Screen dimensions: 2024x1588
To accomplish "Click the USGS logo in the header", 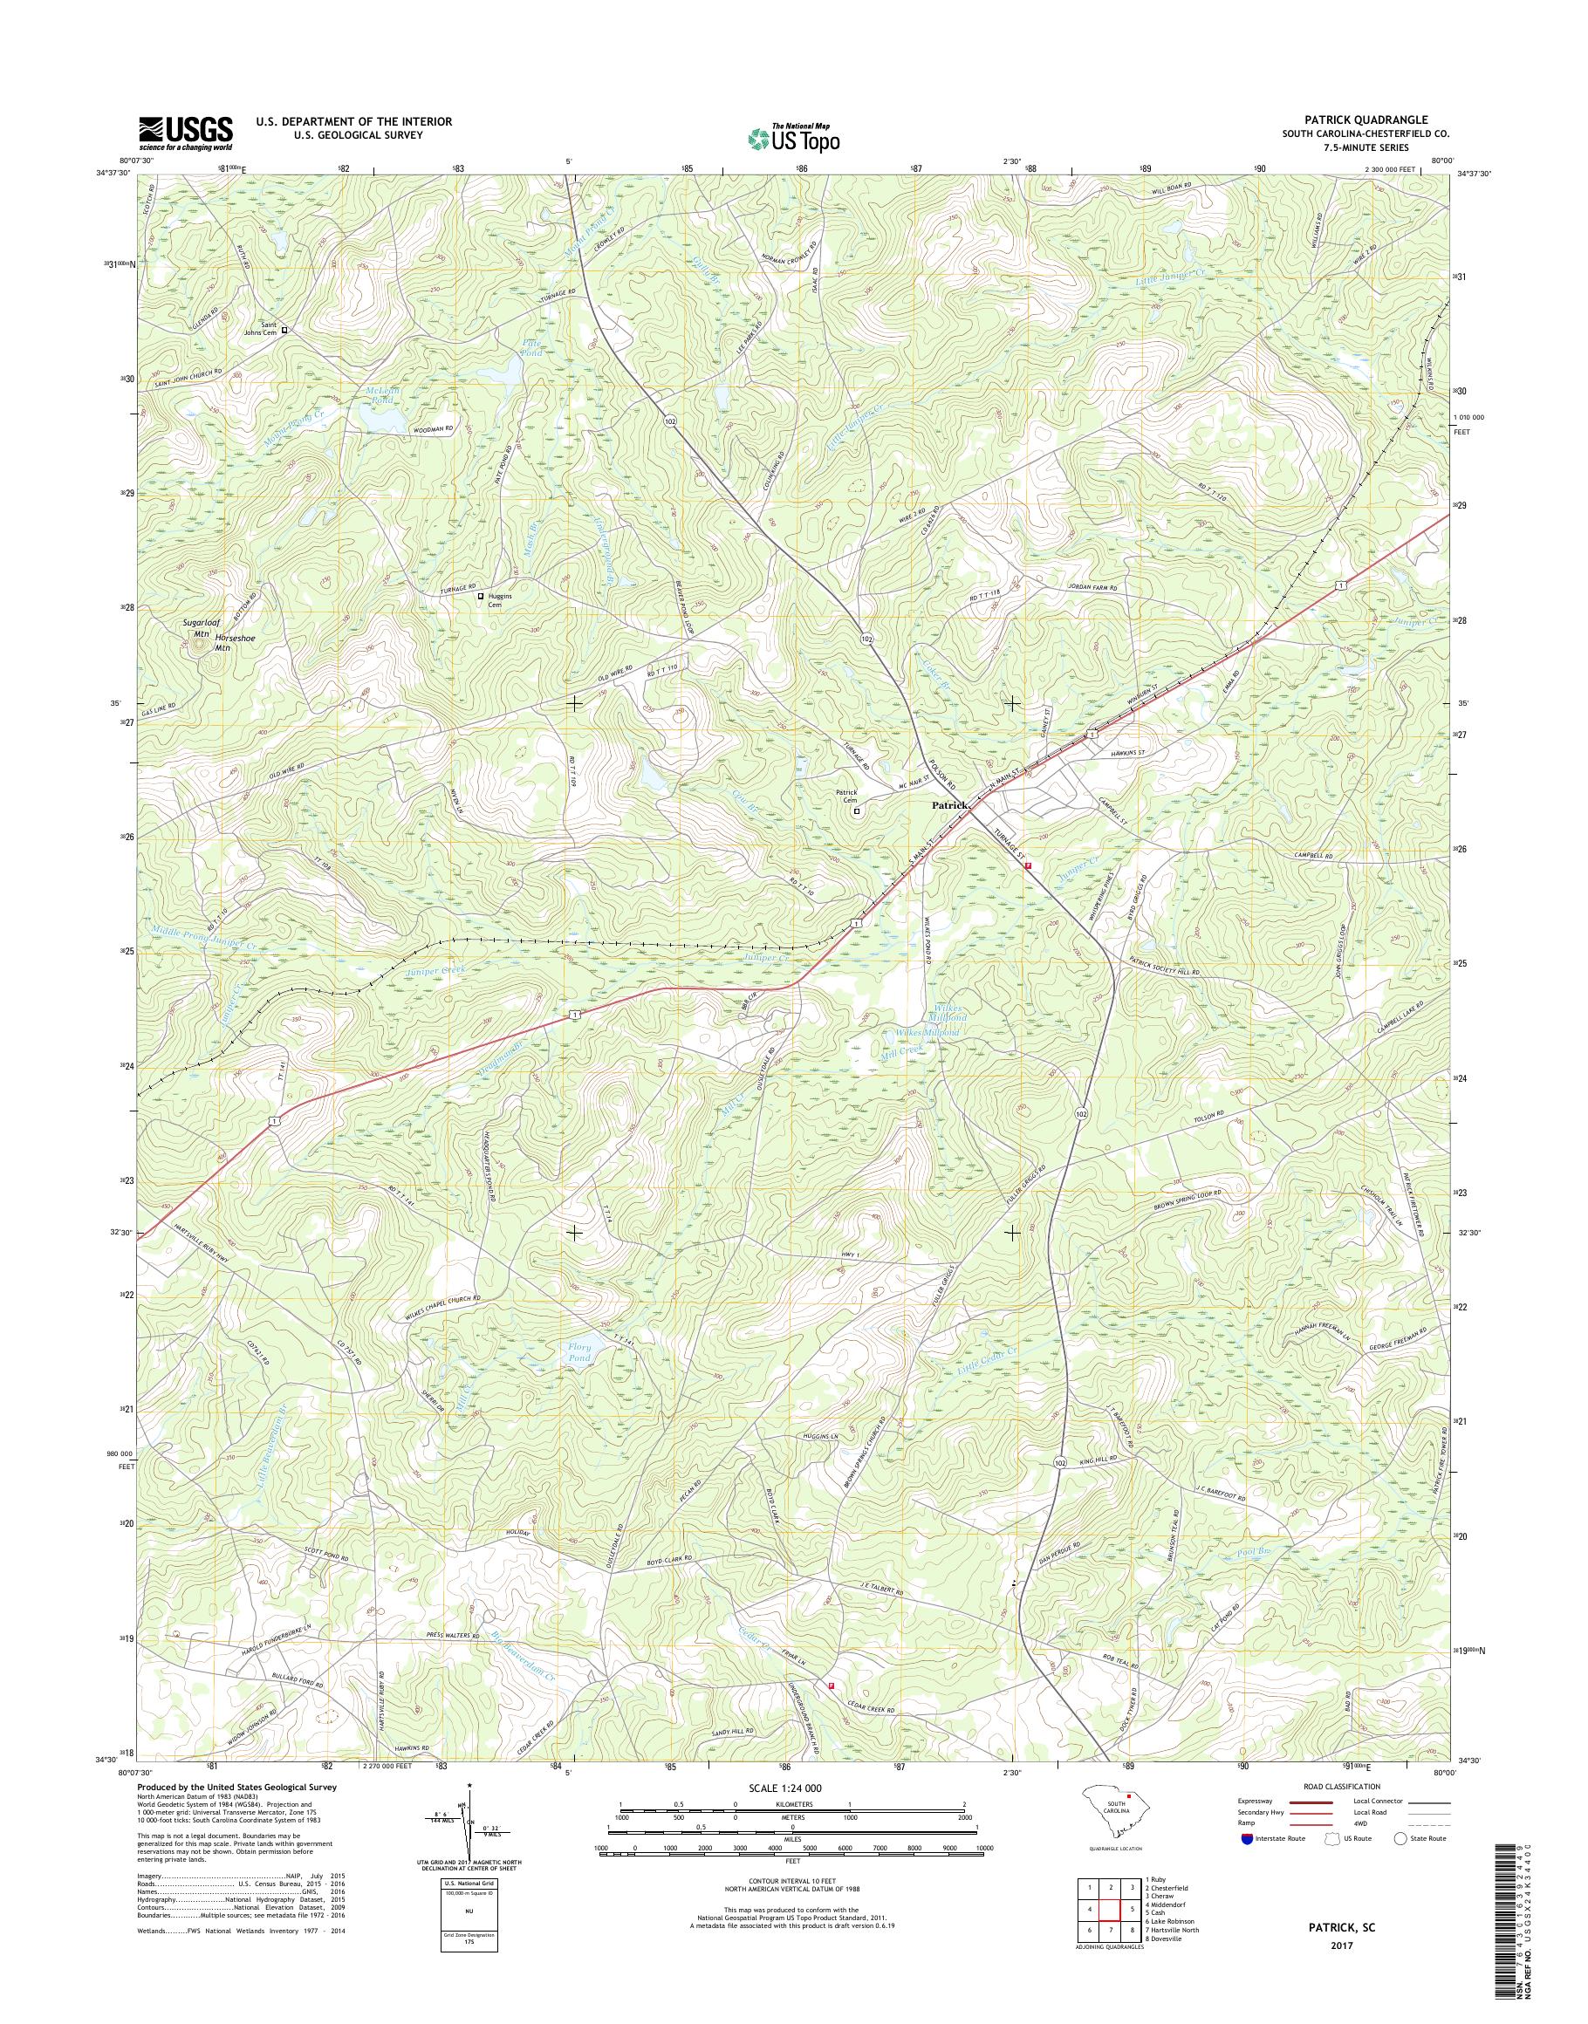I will (x=186, y=133).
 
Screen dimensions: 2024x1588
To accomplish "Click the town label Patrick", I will (x=951, y=805).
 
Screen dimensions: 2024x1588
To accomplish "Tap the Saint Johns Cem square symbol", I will (x=285, y=329).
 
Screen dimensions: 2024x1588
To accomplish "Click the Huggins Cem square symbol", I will (x=481, y=596).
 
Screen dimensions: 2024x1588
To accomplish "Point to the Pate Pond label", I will (x=532, y=348).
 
